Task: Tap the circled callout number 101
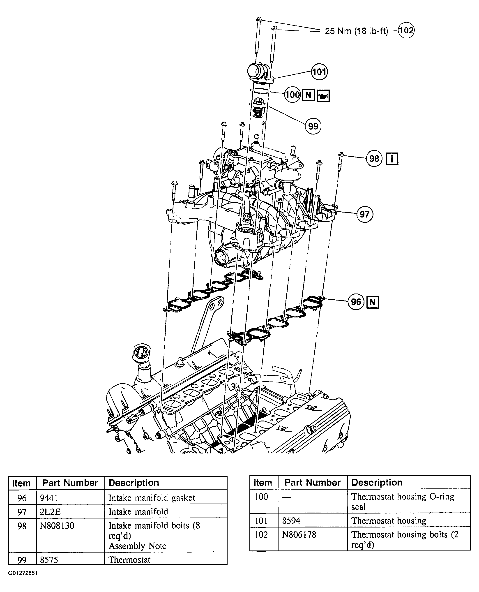point(319,72)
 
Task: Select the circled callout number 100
point(292,95)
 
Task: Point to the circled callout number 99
point(313,126)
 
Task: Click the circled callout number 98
point(374,158)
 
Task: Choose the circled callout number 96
point(356,302)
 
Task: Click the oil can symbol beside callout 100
point(323,96)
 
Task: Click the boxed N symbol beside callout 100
point(309,95)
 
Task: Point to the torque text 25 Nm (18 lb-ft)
point(357,31)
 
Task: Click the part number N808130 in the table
point(57,526)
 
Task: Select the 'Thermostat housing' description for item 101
point(389,521)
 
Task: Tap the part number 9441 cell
point(49,498)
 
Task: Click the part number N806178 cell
point(299,535)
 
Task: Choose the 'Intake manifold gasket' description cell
point(152,498)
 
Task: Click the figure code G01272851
point(23,573)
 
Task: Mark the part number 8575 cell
point(49,560)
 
